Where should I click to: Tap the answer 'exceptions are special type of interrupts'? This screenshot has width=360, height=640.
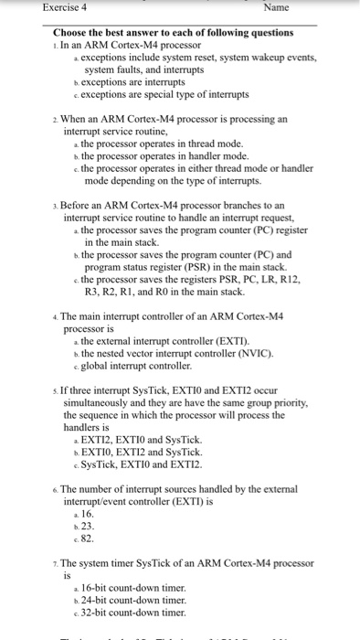[x=165, y=94]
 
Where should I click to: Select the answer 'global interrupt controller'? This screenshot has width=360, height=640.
[x=139, y=366]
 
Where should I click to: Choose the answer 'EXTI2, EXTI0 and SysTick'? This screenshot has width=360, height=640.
[x=141, y=440]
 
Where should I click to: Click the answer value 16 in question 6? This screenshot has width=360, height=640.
[x=89, y=514]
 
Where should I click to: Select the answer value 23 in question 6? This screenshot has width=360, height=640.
[x=89, y=527]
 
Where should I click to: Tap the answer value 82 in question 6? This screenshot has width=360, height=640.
[x=89, y=539]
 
